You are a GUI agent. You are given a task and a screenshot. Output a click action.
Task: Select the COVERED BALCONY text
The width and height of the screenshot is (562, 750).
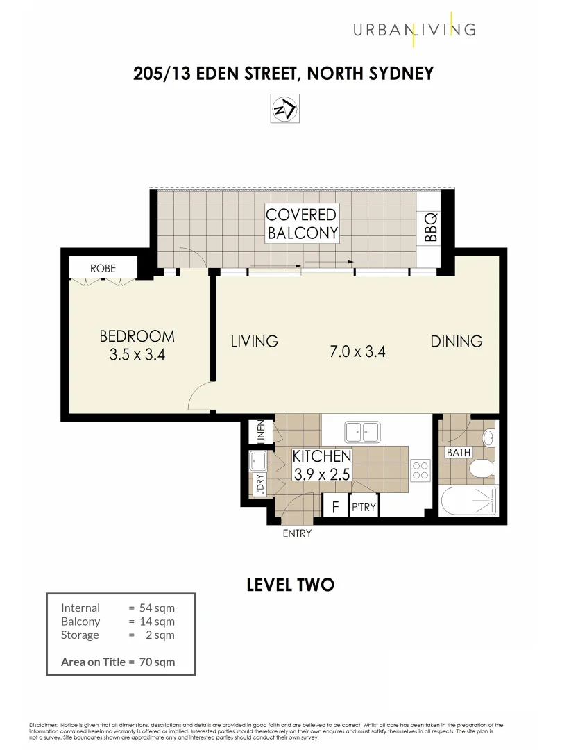point(303,224)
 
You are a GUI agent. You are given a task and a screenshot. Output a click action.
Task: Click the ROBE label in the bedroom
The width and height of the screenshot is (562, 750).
point(103,268)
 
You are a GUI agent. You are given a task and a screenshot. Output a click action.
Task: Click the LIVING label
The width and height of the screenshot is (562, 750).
point(254,341)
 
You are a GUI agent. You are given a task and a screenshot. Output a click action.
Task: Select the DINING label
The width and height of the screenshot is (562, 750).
point(456,341)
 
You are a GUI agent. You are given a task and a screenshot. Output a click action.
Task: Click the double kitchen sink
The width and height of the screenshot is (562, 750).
point(361,432)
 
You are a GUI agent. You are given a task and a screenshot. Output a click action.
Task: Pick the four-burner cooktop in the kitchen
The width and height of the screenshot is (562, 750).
point(420,471)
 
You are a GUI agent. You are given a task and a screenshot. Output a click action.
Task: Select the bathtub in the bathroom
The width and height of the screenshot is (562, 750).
point(469,501)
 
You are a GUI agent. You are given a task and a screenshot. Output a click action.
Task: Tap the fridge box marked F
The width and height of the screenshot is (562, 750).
point(335,507)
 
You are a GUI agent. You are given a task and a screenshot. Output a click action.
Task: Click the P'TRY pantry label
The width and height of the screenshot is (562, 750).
point(364,508)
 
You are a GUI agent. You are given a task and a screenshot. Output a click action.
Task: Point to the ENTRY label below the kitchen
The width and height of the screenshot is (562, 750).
point(297,533)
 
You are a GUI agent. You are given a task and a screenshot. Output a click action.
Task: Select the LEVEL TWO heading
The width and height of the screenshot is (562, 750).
point(290,585)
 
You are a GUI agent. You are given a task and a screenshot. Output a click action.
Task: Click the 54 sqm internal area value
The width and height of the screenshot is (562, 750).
point(160,608)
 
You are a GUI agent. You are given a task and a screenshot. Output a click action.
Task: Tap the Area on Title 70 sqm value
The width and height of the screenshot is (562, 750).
point(160,662)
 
